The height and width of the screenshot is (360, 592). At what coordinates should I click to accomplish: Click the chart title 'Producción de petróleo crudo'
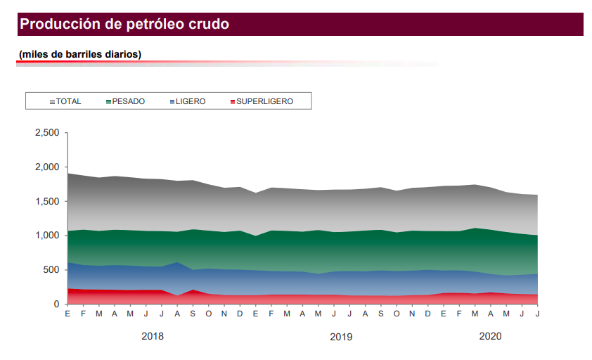[x=124, y=25]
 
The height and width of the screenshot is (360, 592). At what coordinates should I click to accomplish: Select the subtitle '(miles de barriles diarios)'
[x=80, y=54]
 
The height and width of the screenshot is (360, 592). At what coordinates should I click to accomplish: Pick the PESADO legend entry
[x=128, y=101]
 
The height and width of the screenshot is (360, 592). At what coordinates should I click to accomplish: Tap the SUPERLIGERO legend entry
[x=264, y=101]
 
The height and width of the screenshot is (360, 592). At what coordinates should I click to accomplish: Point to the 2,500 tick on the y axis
[x=48, y=133]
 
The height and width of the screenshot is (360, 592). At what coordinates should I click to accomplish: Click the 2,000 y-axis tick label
[x=48, y=167]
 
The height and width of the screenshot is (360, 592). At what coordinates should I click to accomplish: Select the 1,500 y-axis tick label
[x=48, y=201]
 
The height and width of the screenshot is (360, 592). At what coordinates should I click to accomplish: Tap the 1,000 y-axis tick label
[x=48, y=236]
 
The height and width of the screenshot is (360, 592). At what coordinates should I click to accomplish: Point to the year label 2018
[x=153, y=336]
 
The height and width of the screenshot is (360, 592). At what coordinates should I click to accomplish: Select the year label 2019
[x=341, y=337]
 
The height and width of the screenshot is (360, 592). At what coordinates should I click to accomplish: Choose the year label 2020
[x=490, y=336]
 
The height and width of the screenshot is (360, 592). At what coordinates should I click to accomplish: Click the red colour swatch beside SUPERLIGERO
[x=232, y=102]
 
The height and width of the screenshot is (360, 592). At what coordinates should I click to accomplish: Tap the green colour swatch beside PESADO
[x=108, y=102]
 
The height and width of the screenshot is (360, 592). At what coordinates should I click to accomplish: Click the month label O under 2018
[x=209, y=314]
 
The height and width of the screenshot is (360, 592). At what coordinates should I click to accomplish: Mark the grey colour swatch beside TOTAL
[x=52, y=102]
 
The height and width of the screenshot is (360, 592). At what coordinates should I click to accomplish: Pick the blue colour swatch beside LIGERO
[x=172, y=102]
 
